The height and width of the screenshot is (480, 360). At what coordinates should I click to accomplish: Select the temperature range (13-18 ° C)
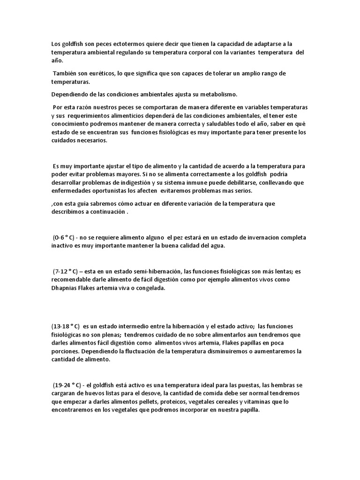pos(66,326)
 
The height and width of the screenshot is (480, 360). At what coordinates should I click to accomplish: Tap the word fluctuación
pos(135,351)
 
